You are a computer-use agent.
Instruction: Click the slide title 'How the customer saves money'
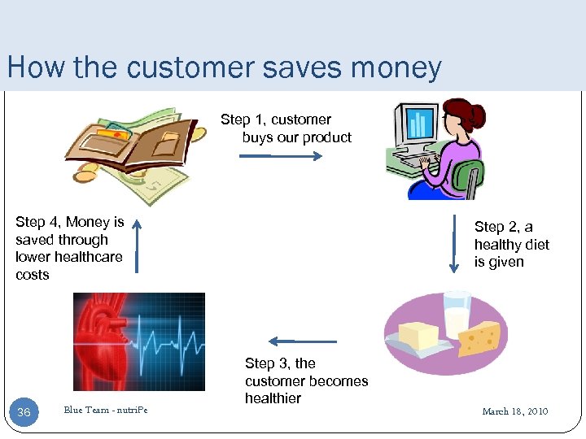[x=224, y=67]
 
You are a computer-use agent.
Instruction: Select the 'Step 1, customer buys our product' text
[x=286, y=128]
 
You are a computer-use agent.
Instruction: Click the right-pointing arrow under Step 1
[x=269, y=155]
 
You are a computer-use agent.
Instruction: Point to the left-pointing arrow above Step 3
[x=302, y=341]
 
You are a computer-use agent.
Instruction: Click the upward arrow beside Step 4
[x=137, y=245]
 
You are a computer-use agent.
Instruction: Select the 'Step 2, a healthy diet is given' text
[x=511, y=244]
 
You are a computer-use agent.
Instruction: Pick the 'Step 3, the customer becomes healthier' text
[x=305, y=380]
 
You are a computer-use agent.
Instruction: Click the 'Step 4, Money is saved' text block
[x=69, y=248]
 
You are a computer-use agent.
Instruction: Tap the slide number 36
[x=24, y=412]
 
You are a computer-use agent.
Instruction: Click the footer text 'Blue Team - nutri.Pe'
[x=106, y=411]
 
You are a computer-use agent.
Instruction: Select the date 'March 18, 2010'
[x=514, y=411]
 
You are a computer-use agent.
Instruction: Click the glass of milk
[x=456, y=313]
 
